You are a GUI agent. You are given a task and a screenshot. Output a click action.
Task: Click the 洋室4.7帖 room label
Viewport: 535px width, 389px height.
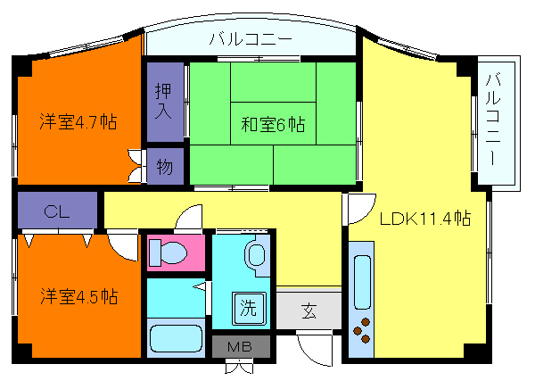pos(78,121)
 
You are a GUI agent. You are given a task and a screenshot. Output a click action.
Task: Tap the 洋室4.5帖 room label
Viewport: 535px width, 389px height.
pos(78,295)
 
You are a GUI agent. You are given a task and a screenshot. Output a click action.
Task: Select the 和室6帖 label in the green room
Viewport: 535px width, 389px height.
pos(273,125)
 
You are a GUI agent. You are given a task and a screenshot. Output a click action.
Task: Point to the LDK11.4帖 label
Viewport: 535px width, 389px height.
pos(425,219)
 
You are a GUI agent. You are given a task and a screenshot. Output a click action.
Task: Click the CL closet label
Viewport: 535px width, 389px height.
pos(57,211)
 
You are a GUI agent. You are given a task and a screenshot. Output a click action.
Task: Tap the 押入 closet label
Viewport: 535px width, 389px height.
pos(165,100)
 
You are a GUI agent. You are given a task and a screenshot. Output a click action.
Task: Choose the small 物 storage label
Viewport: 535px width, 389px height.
pos(166,166)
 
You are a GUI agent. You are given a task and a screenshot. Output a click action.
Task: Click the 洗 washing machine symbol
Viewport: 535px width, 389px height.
pos(249,310)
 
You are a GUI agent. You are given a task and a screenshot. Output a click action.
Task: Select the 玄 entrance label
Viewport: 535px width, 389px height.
pos(309,311)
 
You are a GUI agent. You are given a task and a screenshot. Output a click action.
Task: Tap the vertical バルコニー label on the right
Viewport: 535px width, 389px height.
pos(493,124)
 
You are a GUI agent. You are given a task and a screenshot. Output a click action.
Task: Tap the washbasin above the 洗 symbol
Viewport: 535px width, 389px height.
pos(255,255)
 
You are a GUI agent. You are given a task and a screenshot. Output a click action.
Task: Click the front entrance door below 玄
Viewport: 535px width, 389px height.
pos(317,349)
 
